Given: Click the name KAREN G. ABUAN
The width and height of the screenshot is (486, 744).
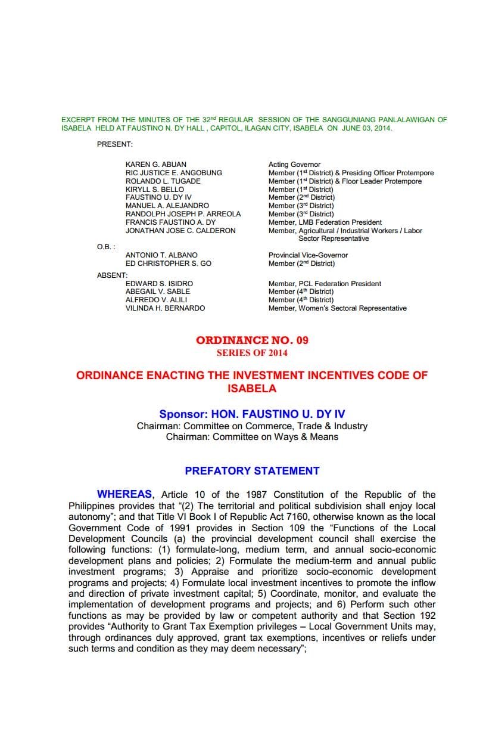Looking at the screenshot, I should click(x=155, y=165).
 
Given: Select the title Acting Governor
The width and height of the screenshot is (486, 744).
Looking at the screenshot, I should click(x=294, y=165).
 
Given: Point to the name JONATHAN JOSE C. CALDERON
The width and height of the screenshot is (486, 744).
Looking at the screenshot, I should click(x=180, y=231).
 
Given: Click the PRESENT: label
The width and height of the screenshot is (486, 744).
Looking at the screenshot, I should click(x=114, y=144).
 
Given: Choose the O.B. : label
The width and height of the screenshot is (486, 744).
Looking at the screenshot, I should click(x=106, y=247).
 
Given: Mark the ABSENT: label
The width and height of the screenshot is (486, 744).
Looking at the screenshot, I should click(x=112, y=275).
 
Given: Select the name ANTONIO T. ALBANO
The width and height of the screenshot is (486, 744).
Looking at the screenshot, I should click(x=161, y=255).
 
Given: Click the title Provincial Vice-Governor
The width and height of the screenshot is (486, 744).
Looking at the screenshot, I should click(x=308, y=255).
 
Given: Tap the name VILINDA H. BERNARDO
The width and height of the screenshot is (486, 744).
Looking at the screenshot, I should click(x=165, y=308).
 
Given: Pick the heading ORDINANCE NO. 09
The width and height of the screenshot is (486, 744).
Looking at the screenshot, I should click(x=252, y=340).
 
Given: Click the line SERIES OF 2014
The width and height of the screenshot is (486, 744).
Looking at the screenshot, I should click(x=252, y=353).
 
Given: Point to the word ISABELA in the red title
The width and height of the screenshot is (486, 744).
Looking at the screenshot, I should click(x=252, y=389).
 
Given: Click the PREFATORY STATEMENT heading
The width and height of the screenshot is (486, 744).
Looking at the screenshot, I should click(x=252, y=471).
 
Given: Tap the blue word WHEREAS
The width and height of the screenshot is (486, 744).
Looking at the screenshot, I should click(x=124, y=495).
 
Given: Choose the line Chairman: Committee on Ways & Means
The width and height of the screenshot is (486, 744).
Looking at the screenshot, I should click(x=252, y=437).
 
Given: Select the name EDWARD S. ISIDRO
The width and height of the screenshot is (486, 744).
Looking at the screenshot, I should click(x=159, y=284).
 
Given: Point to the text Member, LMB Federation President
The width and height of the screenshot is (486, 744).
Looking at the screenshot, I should click(x=325, y=222).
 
